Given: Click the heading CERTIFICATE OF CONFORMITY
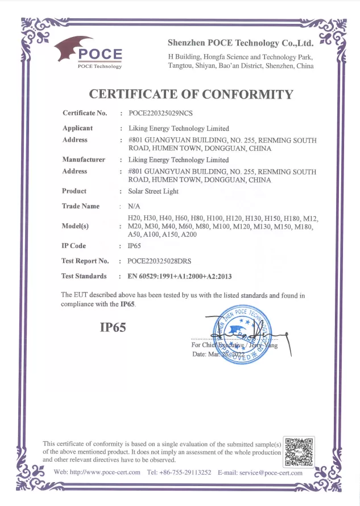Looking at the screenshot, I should pos(191,94).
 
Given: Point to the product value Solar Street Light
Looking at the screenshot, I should pos(153,191).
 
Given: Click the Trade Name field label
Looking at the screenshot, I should pos(80,206).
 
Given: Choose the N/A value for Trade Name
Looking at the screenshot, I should pos(134,207).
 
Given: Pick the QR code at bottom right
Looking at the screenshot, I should pos(299,452).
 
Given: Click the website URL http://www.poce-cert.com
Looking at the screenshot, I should pos(105,472).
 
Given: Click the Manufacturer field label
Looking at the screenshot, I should pos(83,160).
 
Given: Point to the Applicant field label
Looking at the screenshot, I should pos(77,128).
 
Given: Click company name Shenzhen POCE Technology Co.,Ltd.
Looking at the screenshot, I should pos(241,43).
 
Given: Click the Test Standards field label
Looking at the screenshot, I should pos(84,276).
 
